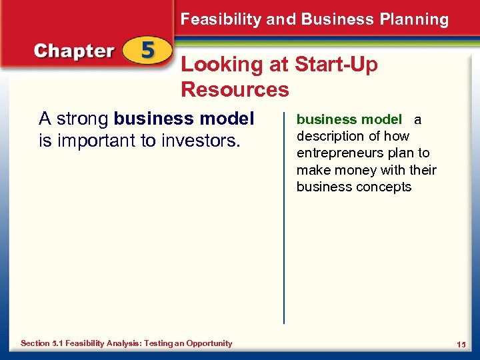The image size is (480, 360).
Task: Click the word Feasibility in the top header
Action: click(221, 19)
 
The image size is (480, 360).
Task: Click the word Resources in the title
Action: click(235, 89)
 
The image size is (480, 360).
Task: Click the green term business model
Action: click(349, 120)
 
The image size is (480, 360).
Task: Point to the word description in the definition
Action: click(330, 137)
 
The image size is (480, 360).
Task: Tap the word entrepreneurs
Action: click(338, 153)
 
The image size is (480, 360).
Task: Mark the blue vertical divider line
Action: click(284, 220)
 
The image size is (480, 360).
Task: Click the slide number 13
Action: click(461, 344)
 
